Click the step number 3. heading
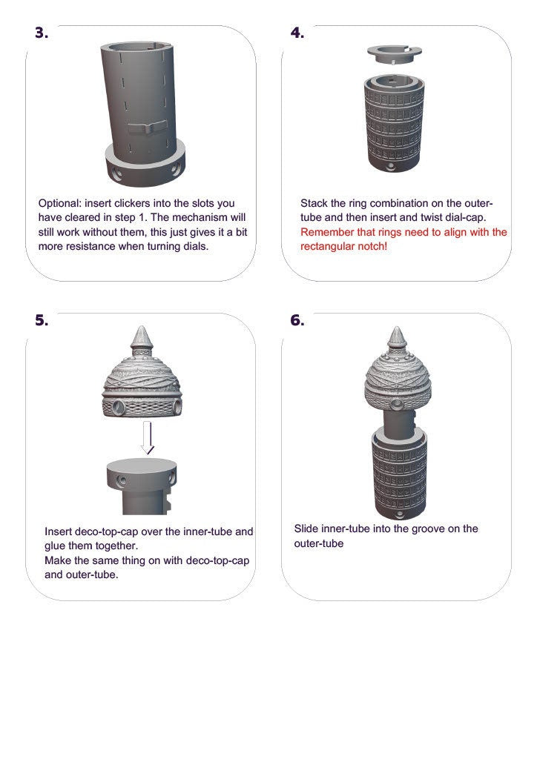(42, 33)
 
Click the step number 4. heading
(297, 33)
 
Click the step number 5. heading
(42, 320)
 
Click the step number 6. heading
(297, 320)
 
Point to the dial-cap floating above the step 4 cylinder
(395, 55)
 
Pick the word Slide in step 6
(307, 528)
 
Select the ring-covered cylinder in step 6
(398, 474)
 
